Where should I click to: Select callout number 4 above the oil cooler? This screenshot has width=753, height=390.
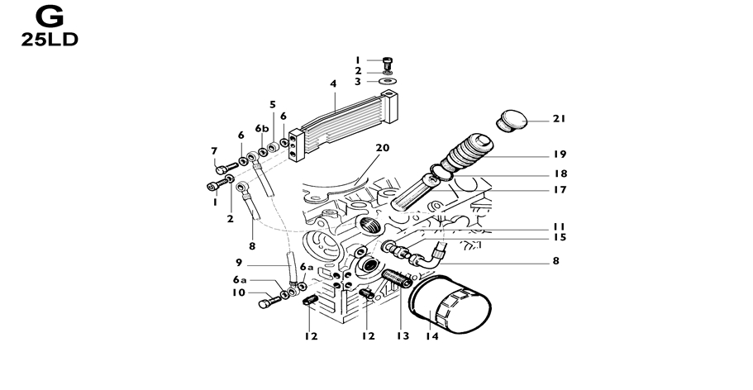(x=333, y=84)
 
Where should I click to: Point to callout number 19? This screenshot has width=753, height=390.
(x=560, y=155)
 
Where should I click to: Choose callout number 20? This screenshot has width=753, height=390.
(x=381, y=149)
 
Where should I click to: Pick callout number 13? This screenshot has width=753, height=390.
(x=403, y=336)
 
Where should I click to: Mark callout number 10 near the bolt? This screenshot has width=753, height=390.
(x=238, y=292)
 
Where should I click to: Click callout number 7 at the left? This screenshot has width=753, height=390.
(x=213, y=151)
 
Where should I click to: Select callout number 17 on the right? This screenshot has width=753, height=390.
(x=560, y=190)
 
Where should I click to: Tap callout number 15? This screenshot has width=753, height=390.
(x=560, y=237)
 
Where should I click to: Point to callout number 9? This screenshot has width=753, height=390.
(x=238, y=263)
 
